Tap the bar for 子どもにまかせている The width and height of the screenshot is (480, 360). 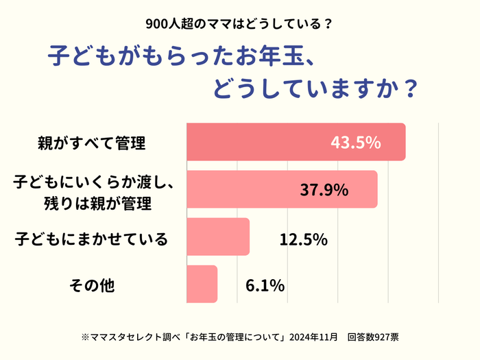coord(217,237)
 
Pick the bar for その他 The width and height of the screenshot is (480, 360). coord(202,284)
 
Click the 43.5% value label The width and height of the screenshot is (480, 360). coord(355,143)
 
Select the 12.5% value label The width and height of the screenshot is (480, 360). coord(303,239)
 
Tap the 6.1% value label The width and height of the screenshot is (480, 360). coord(265,285)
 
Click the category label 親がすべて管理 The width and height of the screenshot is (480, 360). coord(91,144)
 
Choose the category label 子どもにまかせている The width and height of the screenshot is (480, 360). coord(91,239)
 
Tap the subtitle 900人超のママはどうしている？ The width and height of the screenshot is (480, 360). coord(239,24)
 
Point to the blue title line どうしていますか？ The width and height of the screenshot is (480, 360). coord(315,90)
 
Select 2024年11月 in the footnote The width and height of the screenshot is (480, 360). coord(313,337)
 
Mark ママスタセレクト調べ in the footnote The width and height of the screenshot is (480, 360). coord(125,337)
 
